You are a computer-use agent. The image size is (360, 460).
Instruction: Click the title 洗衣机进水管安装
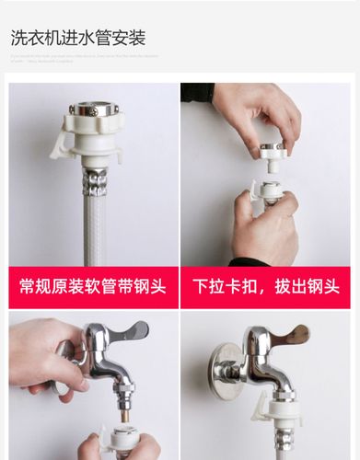pyautogui.click(x=78, y=39)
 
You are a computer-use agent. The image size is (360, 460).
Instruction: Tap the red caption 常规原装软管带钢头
pyautogui.click(x=93, y=287)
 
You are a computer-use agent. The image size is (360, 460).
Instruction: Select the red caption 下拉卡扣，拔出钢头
pyautogui.click(x=265, y=287)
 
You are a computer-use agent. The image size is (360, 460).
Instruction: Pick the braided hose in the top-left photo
pyautogui.click(x=95, y=225)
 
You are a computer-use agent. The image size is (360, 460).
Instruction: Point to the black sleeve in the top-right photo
pyautogui.click(x=197, y=92)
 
